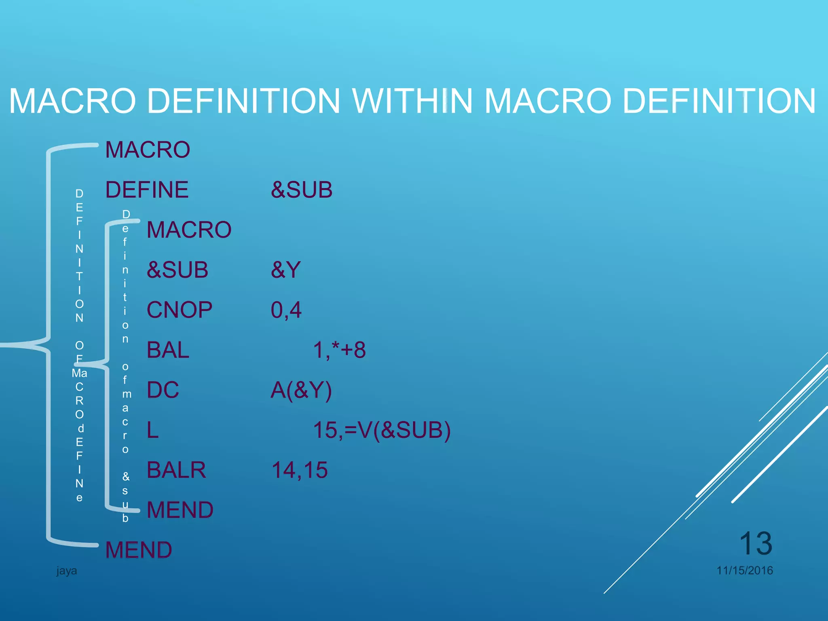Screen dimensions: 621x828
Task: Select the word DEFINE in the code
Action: tap(147, 190)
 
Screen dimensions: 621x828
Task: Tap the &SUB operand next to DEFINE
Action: tap(302, 190)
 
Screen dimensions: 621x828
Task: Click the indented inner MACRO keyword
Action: tap(189, 230)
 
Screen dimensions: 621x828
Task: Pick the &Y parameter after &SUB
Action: tap(286, 270)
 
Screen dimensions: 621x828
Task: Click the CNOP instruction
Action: tap(179, 310)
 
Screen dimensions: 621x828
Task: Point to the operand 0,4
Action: tap(286, 310)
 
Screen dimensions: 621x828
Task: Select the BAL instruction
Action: tap(168, 350)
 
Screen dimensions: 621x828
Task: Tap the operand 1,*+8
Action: tap(339, 350)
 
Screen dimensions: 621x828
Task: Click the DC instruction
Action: tap(163, 390)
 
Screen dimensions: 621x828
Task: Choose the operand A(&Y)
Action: tap(301, 390)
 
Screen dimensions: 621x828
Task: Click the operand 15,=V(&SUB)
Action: tap(382, 430)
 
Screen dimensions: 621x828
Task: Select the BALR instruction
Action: tap(176, 470)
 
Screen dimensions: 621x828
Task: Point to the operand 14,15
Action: tap(299, 470)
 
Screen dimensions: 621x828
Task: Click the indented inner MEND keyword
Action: tap(180, 510)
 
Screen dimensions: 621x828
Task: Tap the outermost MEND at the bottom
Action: tap(139, 550)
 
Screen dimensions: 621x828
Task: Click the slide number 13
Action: tap(755, 543)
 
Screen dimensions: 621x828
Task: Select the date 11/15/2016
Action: tap(745, 570)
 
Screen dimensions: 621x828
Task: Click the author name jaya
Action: tap(67, 571)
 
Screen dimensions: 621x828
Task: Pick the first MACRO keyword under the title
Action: tap(148, 150)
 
